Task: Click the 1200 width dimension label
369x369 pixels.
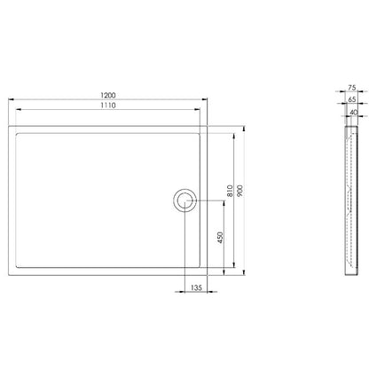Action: (x=108, y=95)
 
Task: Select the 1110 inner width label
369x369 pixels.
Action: (x=108, y=106)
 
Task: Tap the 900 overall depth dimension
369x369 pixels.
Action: (x=239, y=191)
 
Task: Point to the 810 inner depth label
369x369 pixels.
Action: (x=230, y=191)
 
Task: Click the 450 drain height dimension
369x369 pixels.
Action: (x=220, y=238)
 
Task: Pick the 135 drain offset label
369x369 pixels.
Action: (x=196, y=287)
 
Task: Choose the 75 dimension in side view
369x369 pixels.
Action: (x=352, y=88)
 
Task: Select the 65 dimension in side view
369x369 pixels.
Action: (x=352, y=99)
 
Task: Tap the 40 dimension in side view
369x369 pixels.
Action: (x=354, y=113)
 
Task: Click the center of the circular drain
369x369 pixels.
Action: (x=185, y=200)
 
